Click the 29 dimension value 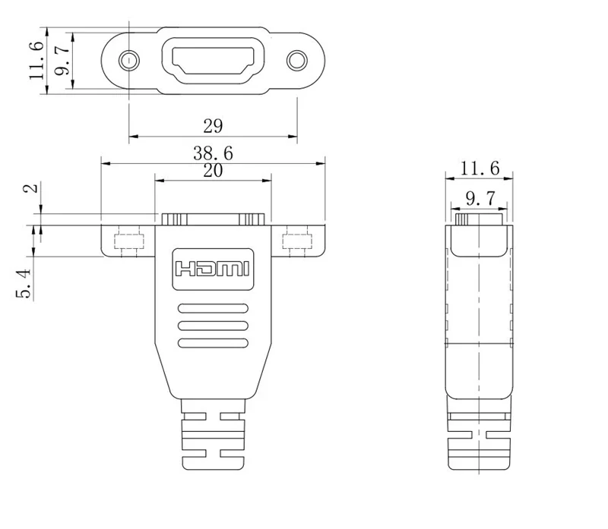click(x=213, y=124)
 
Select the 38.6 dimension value click(x=213, y=153)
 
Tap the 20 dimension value click(x=213, y=171)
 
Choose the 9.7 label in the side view click(x=480, y=198)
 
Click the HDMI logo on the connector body click(x=213, y=269)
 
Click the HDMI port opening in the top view click(x=214, y=60)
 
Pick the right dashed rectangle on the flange click(x=297, y=243)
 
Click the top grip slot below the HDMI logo click(x=213, y=309)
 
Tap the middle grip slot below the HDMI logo click(x=213, y=326)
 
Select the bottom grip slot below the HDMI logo click(x=213, y=344)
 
